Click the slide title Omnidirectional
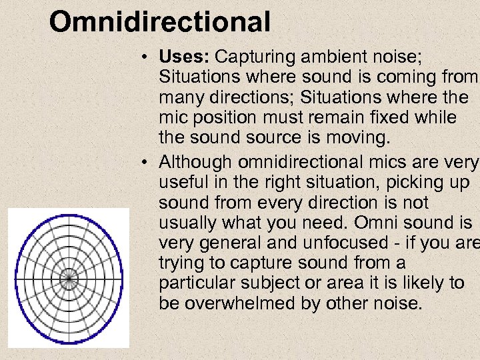[x=160, y=21]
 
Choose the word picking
[x=409, y=182]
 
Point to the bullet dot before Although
[x=145, y=163]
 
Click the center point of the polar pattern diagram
[x=69, y=277]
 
